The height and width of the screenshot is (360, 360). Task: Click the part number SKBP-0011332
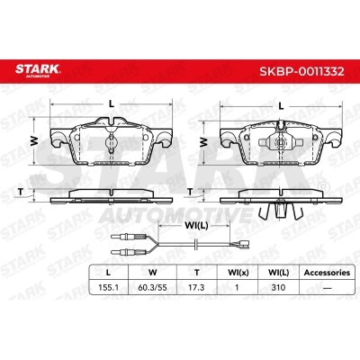(301, 72)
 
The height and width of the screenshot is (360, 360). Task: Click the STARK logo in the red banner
(38, 70)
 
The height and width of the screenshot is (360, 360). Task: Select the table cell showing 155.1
(109, 287)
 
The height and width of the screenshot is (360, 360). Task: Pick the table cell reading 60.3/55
(152, 287)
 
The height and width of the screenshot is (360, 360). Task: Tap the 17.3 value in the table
(196, 287)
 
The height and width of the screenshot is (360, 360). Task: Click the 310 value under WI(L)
(278, 287)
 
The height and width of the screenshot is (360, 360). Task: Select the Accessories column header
(327, 273)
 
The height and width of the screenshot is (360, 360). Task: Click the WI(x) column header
(238, 273)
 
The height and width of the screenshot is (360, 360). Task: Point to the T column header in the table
(196, 273)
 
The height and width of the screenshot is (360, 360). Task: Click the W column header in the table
(153, 273)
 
